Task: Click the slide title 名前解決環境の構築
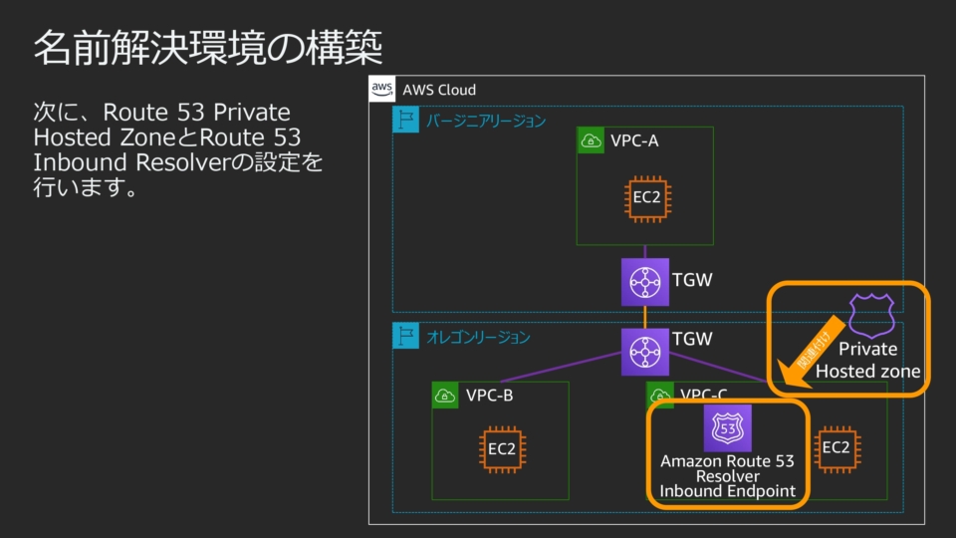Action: (208, 48)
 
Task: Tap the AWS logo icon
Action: (382, 89)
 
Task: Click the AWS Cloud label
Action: (439, 90)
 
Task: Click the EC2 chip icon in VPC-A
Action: (646, 197)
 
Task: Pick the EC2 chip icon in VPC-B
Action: (501, 449)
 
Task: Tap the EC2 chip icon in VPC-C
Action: (836, 448)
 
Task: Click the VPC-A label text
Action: (634, 140)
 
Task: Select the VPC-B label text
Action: (489, 396)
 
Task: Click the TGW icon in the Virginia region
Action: (644, 282)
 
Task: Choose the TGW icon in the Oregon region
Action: (644, 352)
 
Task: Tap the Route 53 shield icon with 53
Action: (728, 428)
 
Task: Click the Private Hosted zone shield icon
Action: (871, 316)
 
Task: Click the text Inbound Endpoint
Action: (728, 491)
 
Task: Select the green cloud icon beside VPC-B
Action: (445, 396)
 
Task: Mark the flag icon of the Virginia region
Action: (406, 121)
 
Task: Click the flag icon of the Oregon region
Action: (406, 337)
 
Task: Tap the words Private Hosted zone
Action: (867, 361)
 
